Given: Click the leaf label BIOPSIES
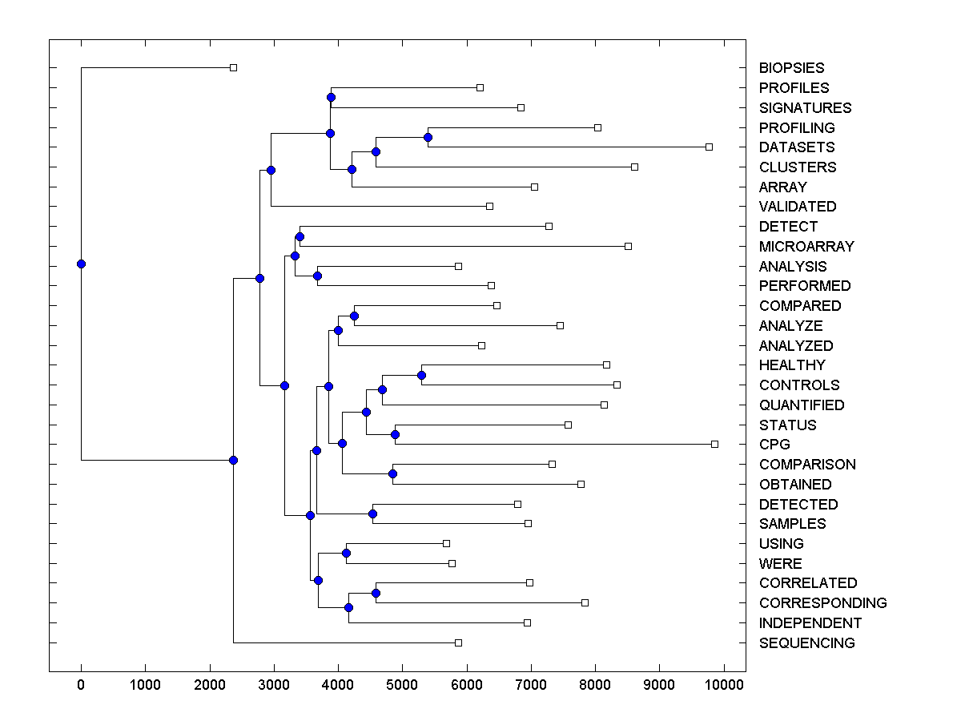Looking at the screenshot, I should (791, 68).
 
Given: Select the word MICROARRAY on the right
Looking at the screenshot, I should (806, 247).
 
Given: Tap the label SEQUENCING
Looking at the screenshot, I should (806, 643).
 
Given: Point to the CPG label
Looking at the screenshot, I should (774, 445).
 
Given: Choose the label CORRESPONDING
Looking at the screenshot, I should (822, 603).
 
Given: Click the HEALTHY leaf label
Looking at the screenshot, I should (791, 365).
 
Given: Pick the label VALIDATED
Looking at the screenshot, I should (798, 207).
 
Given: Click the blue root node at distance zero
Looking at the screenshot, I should (81, 264).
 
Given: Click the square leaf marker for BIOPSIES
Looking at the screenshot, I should (233, 68).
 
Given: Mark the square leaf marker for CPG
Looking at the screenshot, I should (714, 444).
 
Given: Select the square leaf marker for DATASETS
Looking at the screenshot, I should (709, 147).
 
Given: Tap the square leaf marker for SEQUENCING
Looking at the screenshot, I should (458, 642).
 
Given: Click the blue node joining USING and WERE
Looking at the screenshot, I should (346, 553).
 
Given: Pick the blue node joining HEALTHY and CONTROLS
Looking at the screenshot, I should (421, 375).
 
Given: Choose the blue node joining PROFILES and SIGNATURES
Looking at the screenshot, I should (331, 97).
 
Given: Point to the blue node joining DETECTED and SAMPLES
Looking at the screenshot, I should (372, 514).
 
